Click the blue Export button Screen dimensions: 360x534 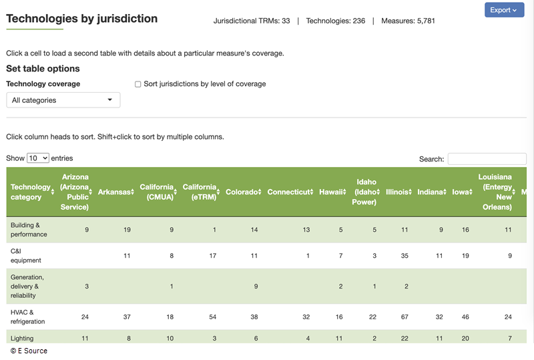tap(504, 10)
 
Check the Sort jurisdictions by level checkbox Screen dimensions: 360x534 tap(138, 84)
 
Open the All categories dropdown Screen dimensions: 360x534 tap(63, 100)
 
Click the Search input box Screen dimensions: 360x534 tap(487, 159)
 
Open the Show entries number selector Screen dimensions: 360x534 tap(38, 158)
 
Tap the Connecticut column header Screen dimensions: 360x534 tap(290, 192)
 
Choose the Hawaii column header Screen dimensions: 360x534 tap(332, 192)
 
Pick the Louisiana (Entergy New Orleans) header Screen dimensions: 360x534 tap(495, 192)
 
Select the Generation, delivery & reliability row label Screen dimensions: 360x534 tap(27, 286)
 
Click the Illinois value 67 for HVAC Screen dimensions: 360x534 tap(404, 317)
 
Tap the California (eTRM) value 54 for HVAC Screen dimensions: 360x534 tap(212, 317)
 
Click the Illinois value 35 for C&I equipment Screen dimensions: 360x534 tap(404, 256)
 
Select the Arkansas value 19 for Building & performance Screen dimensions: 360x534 tap(127, 230)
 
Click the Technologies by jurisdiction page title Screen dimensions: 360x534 tap(82, 19)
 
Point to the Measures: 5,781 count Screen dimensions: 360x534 tap(408, 21)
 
